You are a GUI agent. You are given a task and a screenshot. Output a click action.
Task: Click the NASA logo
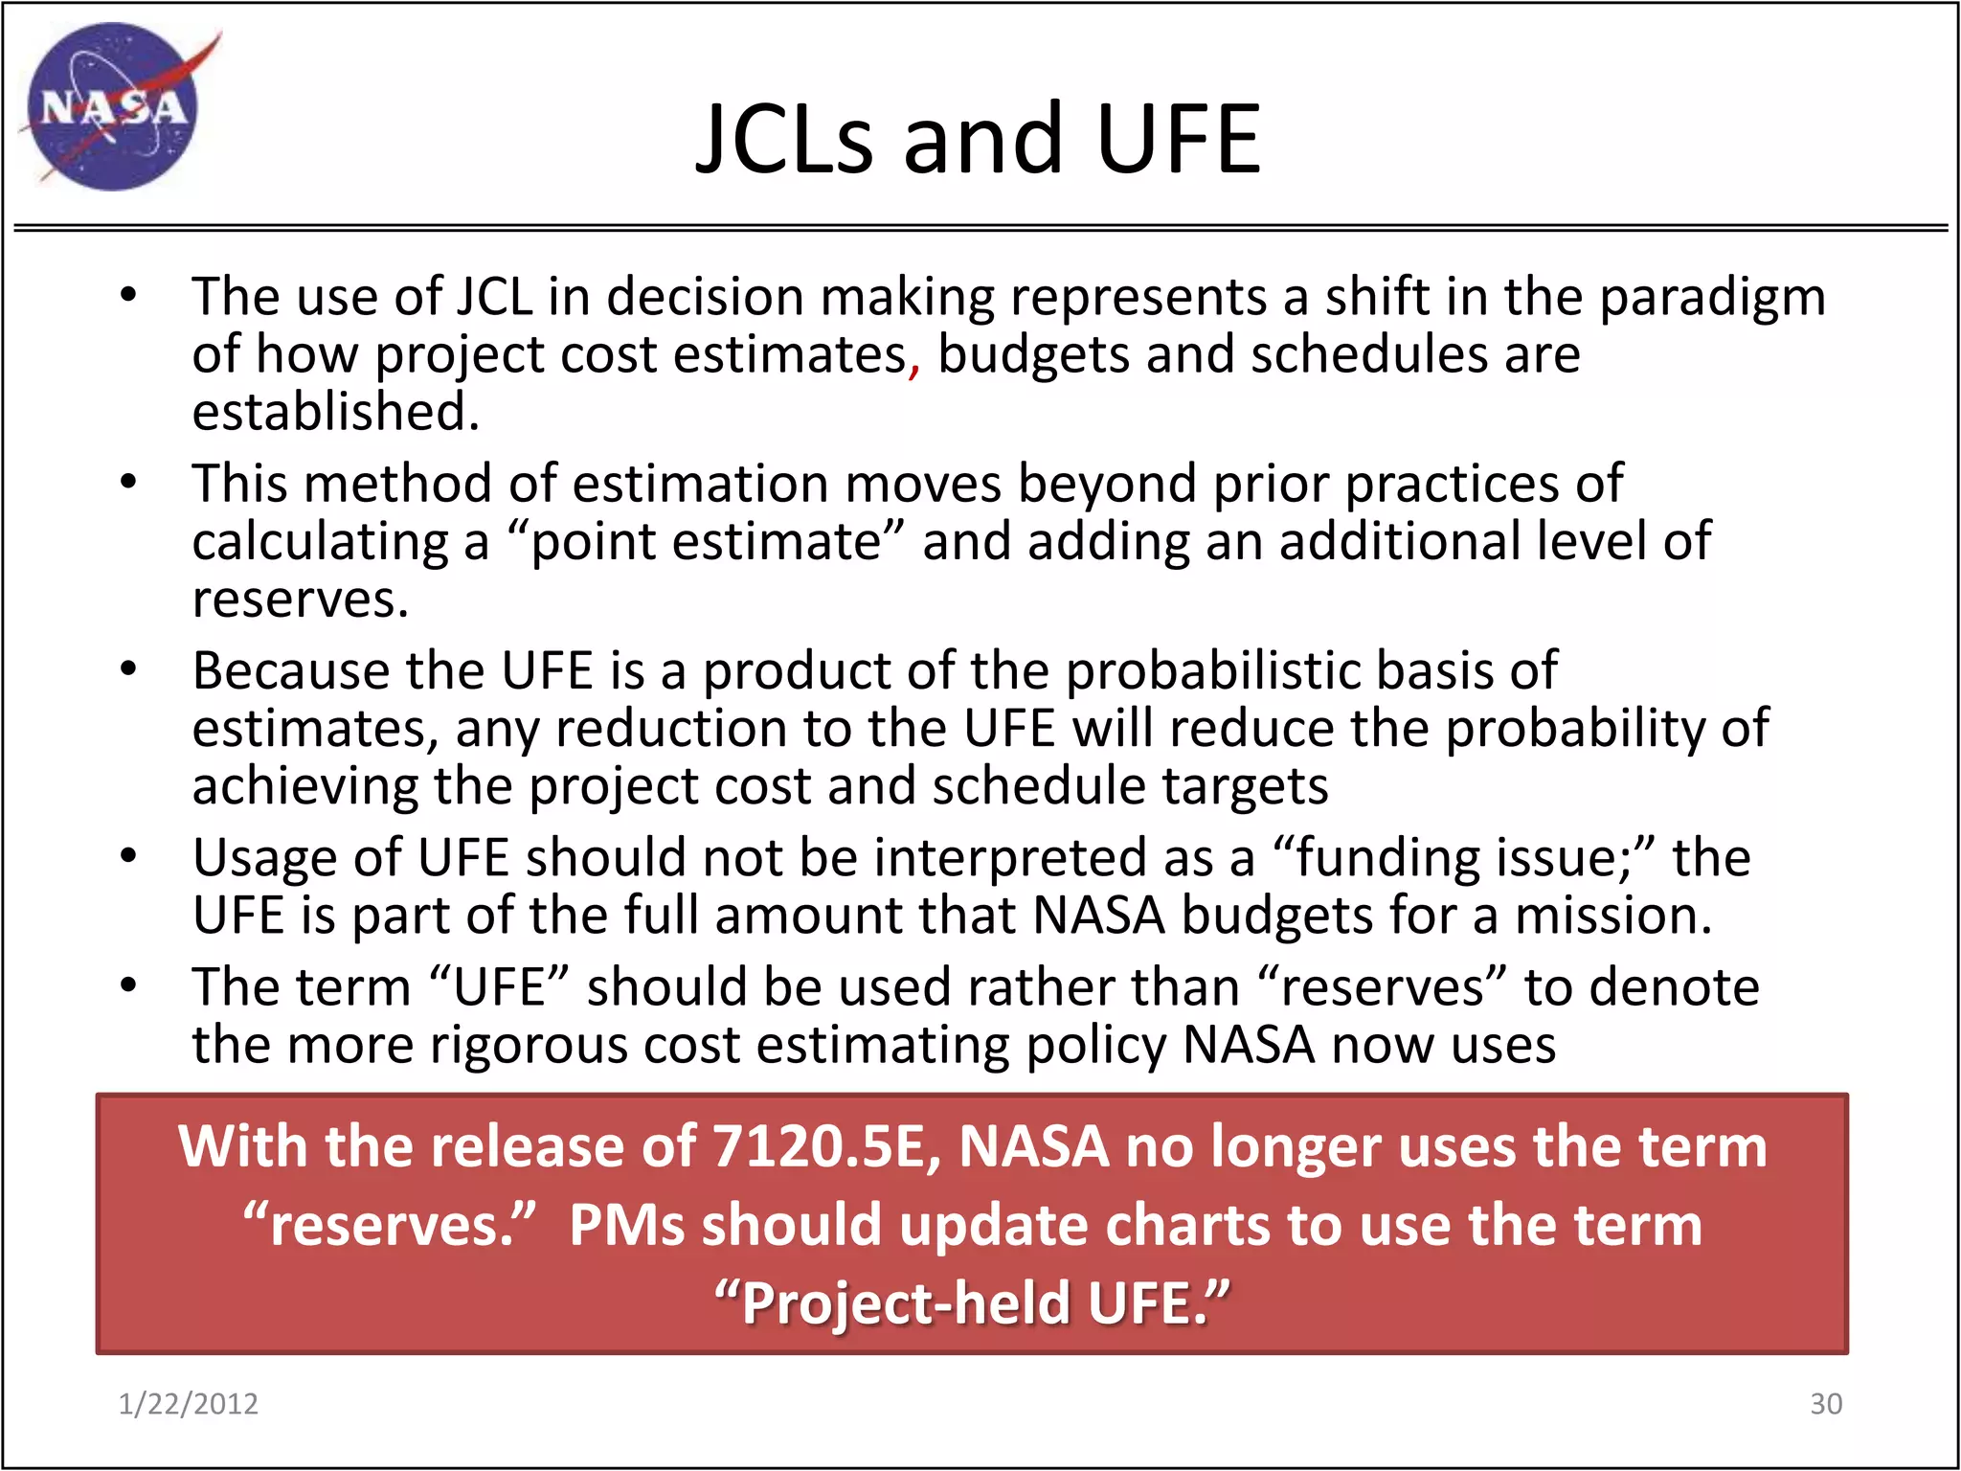pos(113,106)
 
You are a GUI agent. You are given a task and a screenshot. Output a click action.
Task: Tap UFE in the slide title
pos(1178,140)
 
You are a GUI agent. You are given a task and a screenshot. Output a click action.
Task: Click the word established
pos(335,412)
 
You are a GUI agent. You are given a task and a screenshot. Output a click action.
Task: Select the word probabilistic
pos(1212,670)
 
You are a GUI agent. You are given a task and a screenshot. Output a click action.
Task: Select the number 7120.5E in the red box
pos(827,1146)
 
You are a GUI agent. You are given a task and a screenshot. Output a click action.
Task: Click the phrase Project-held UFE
pos(972,1303)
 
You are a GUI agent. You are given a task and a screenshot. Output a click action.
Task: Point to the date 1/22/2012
pos(188,1404)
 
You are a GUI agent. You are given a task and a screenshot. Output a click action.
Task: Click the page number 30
pos(1825,1404)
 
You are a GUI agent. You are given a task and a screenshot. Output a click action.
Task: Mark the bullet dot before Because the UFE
pos(129,669)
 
